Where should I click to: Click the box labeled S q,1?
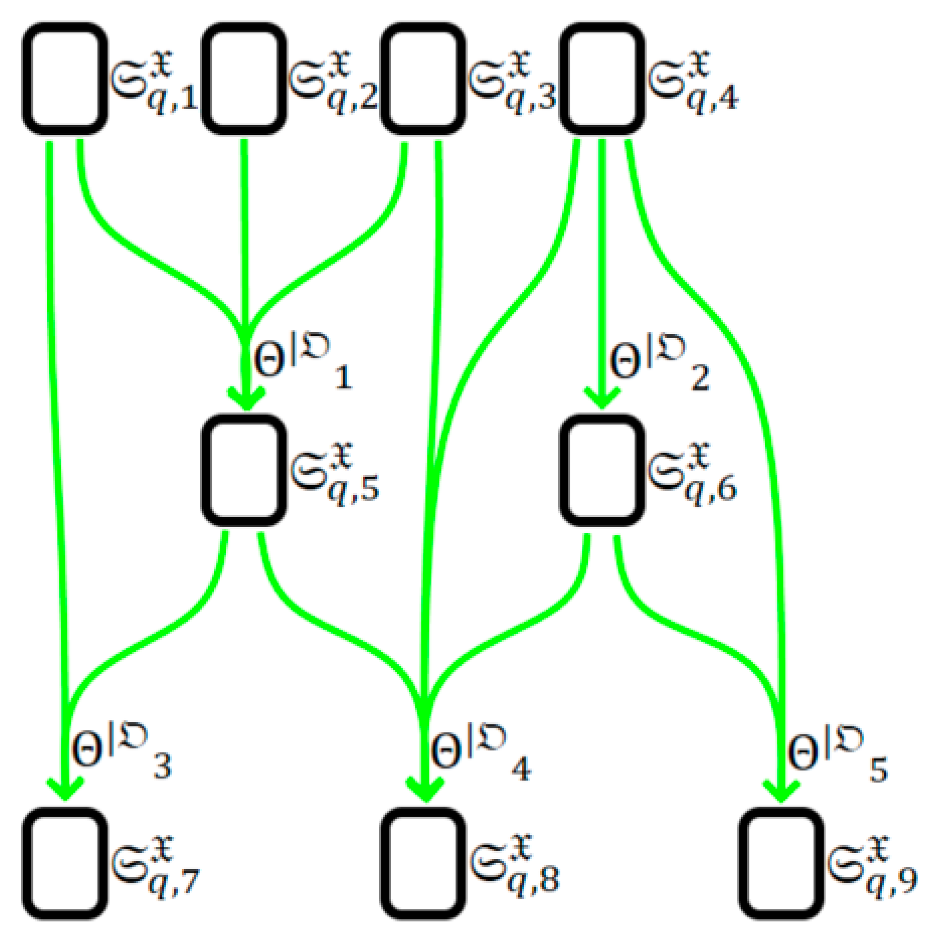tap(65, 78)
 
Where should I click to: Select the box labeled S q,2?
tap(244, 78)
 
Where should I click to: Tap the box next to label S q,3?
tap(423, 78)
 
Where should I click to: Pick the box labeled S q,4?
tap(602, 78)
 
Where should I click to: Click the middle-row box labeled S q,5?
tap(244, 470)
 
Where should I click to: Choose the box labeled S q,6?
tap(602, 470)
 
